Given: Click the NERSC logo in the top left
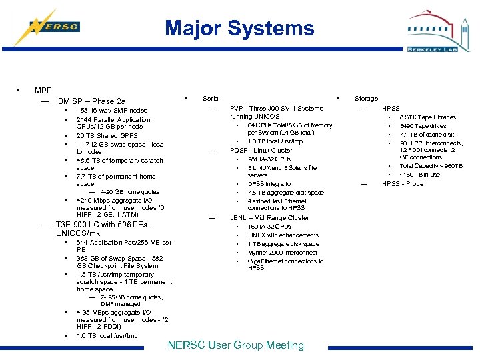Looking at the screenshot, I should (x=53, y=27).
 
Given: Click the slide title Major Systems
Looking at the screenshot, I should (x=239, y=28).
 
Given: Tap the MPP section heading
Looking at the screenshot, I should (x=43, y=90).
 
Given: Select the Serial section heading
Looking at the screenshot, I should (x=211, y=99).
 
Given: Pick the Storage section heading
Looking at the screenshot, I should (x=366, y=99).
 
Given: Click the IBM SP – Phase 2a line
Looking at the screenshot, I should (x=91, y=101).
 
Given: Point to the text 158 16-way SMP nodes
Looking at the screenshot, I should (x=111, y=111).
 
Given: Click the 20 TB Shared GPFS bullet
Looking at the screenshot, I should (x=107, y=136).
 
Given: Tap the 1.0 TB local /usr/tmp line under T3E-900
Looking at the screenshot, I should (x=107, y=336).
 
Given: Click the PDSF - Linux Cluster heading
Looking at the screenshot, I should (x=261, y=151).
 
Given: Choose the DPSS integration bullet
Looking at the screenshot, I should (x=271, y=184).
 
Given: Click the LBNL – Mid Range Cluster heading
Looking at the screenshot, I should (x=269, y=218).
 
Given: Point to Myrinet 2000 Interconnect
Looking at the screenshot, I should (x=282, y=253).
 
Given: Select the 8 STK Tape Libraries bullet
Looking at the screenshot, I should (x=427, y=117).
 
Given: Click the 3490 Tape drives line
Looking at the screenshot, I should (x=423, y=126).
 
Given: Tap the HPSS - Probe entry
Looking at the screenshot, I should (x=402, y=184).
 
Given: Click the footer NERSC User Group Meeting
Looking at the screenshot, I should (x=235, y=345).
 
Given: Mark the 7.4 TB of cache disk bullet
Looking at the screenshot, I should (x=427, y=135).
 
